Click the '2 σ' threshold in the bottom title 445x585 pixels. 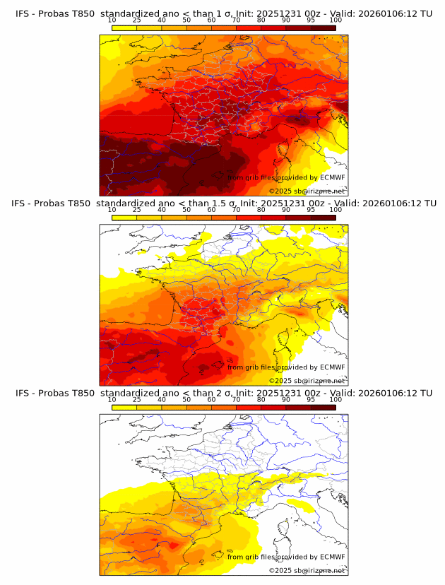pos(226,393)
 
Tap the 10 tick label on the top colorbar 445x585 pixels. pos(112,20)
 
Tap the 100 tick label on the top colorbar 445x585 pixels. pos(336,20)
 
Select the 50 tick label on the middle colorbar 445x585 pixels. pos(186,210)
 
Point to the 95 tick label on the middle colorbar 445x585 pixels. pos(311,210)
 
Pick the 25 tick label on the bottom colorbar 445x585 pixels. pos(137,399)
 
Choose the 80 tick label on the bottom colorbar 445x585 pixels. pos(261,399)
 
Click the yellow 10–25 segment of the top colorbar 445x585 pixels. pos(124,28)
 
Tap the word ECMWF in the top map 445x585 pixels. pos(332,177)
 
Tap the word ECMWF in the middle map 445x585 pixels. pos(332,367)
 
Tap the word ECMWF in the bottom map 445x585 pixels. pos(332,557)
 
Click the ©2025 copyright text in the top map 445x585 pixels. pos(280,191)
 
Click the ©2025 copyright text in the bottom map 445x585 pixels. pos(280,570)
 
